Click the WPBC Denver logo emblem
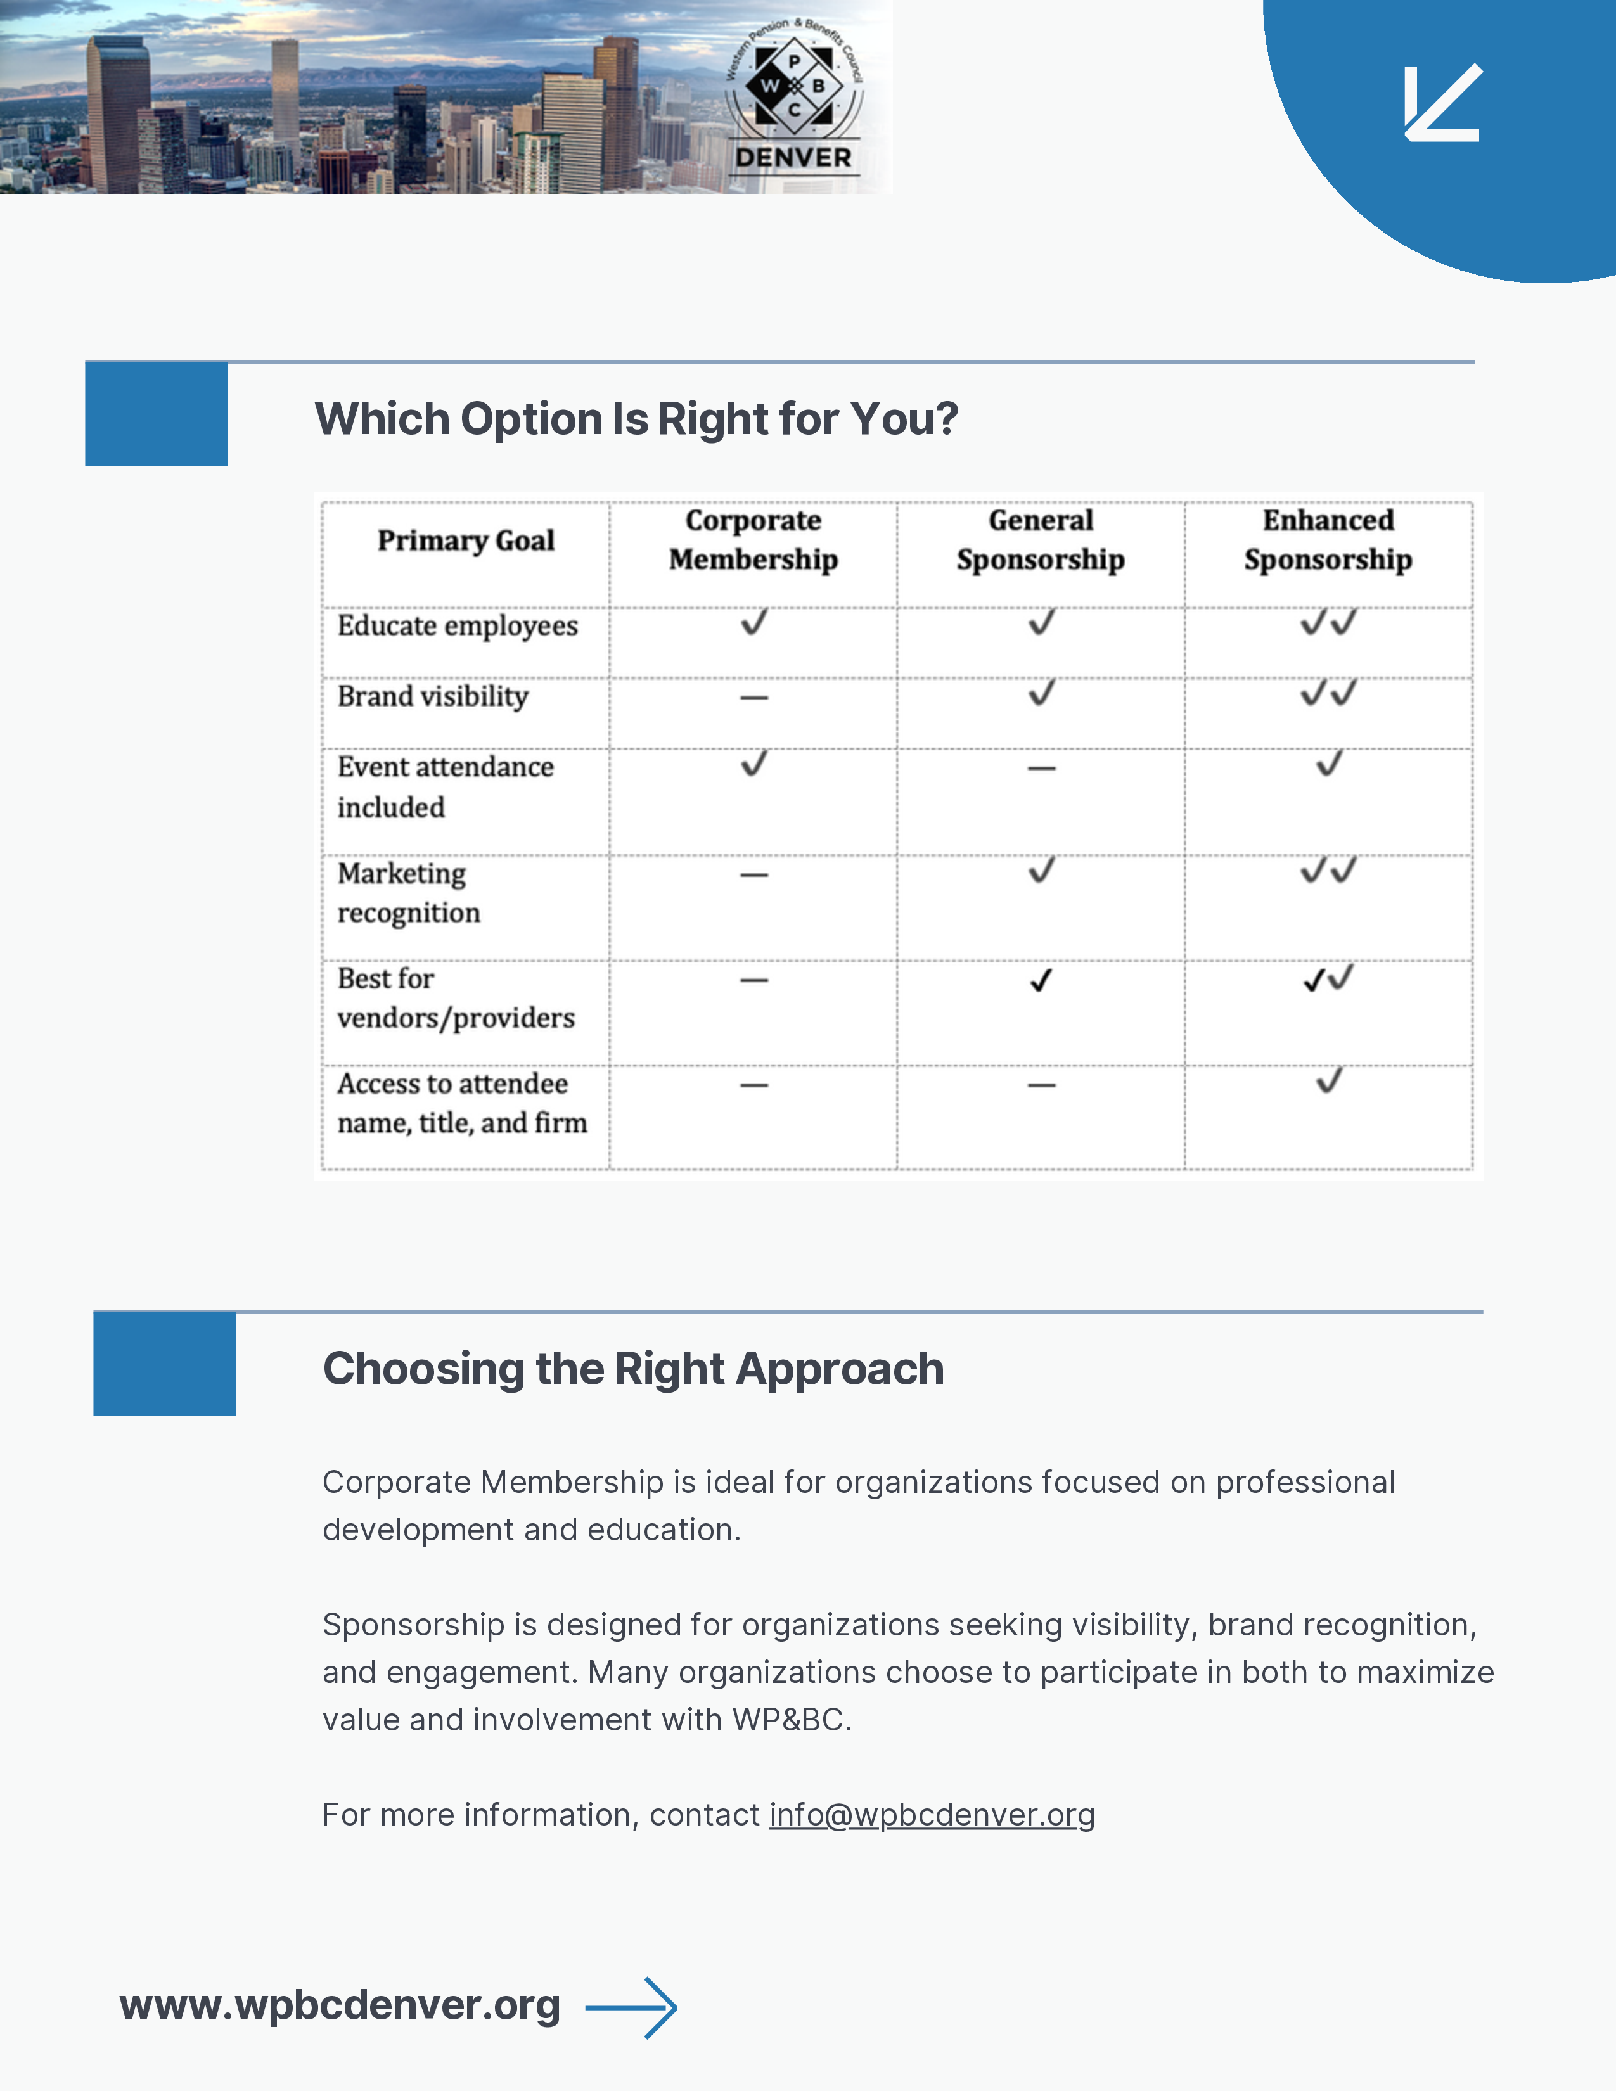click(793, 96)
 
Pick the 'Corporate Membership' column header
click(753, 540)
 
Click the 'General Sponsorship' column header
click(1041, 540)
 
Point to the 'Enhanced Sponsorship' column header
click(1328, 540)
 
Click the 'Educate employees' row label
click(458, 626)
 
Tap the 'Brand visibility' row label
click(433, 696)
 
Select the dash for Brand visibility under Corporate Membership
click(754, 698)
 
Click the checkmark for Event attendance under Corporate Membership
click(754, 764)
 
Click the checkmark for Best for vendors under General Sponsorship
click(1041, 980)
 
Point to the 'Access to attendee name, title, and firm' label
click(461, 1103)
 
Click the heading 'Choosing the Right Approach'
click(634, 1368)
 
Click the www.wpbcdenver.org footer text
click(340, 2005)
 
